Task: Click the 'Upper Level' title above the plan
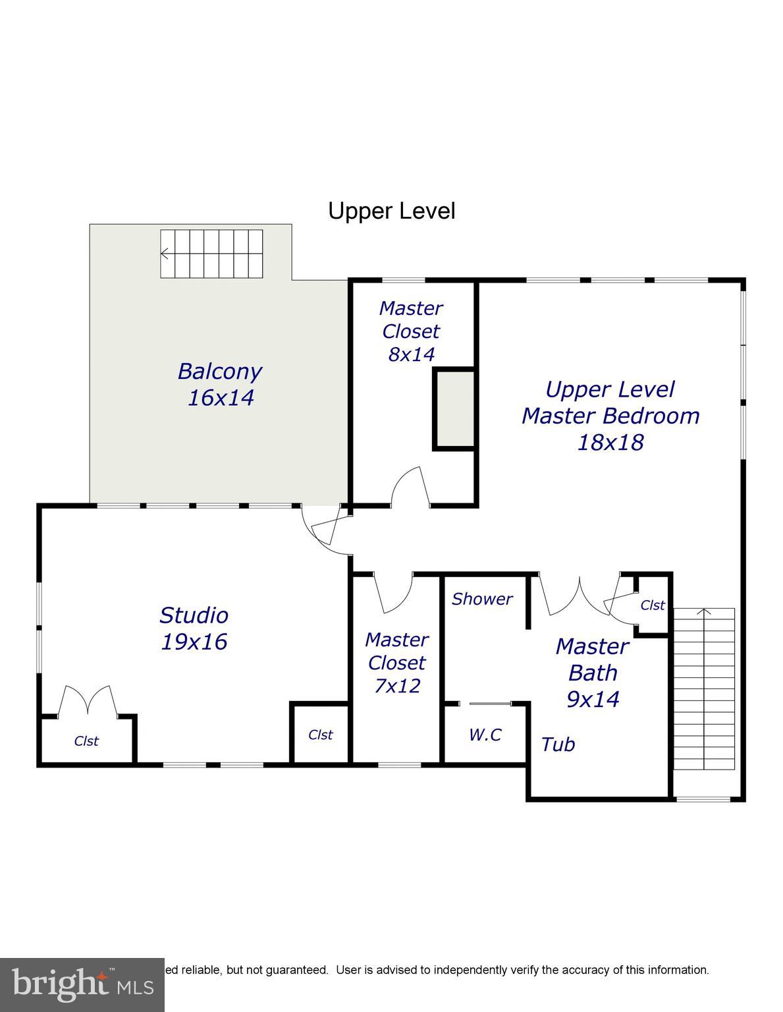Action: [x=391, y=211]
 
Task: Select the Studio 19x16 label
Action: [x=194, y=629]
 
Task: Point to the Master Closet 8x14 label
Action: [x=411, y=331]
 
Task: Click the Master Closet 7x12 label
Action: [x=396, y=662]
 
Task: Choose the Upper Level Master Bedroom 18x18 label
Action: [x=610, y=415]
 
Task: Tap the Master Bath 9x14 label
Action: [x=593, y=672]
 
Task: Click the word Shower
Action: [x=481, y=599]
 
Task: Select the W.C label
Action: [x=485, y=735]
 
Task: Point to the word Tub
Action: [x=558, y=745]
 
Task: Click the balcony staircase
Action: [x=211, y=254]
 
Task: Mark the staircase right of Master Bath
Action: [x=703, y=689]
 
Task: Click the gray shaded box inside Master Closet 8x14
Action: [x=454, y=409]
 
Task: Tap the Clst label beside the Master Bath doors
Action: [x=653, y=605]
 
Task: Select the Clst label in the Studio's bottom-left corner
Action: [x=86, y=741]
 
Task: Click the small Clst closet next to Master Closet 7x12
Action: [x=320, y=735]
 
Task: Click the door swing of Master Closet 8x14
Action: [x=410, y=488]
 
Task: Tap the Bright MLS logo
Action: [x=82, y=985]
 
